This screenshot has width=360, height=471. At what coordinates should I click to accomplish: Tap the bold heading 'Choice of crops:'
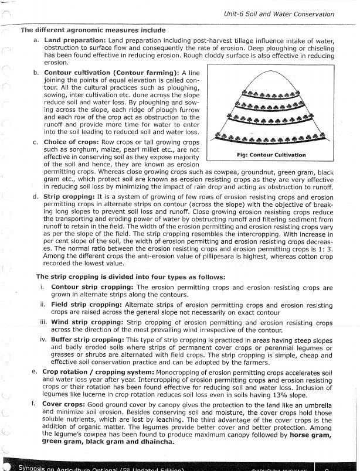pyautogui.click(x=73, y=142)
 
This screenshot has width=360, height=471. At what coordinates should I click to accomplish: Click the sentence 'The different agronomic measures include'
pyautogui.click(x=92, y=30)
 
